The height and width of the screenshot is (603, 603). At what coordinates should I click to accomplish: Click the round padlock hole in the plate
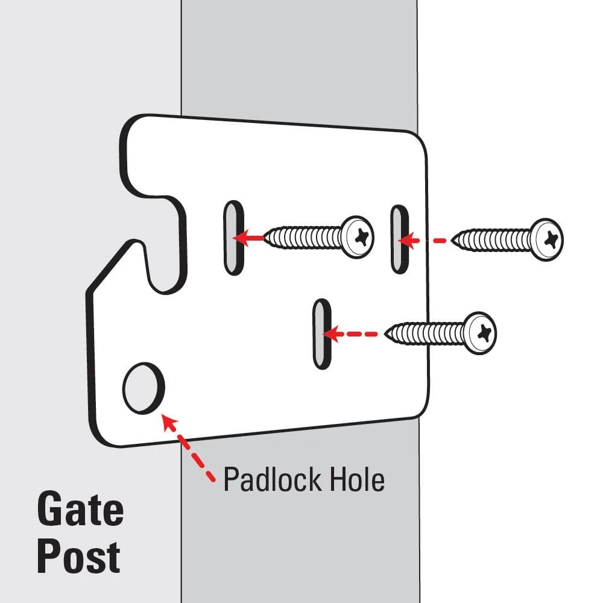click(143, 388)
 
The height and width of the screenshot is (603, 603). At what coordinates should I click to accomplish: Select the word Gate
click(80, 510)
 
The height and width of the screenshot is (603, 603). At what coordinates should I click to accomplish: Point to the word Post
click(78, 557)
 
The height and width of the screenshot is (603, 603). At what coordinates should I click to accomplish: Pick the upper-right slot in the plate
click(398, 239)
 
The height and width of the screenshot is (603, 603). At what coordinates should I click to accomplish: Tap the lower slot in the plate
click(322, 333)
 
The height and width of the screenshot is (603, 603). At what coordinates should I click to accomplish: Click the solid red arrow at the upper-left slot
click(244, 238)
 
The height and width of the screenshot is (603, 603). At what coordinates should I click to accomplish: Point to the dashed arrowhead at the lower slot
click(333, 333)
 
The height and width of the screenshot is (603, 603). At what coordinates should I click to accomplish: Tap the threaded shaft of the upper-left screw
click(305, 237)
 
